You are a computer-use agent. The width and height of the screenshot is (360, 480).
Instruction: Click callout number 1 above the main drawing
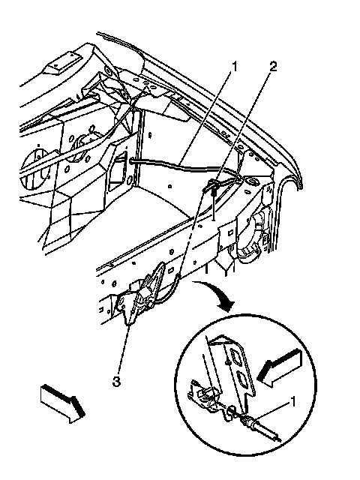(235, 67)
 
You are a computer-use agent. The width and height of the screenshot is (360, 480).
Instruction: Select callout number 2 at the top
(273, 67)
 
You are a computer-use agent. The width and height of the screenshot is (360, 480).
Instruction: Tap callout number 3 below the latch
(117, 382)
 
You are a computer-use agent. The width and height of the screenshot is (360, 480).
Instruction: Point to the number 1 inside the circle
(292, 402)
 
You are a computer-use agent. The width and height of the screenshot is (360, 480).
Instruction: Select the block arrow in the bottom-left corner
(62, 403)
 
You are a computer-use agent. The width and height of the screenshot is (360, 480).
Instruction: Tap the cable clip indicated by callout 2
(214, 187)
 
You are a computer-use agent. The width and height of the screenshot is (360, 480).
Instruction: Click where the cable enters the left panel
(131, 160)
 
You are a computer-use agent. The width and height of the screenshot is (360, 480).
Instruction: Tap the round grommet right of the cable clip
(253, 182)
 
